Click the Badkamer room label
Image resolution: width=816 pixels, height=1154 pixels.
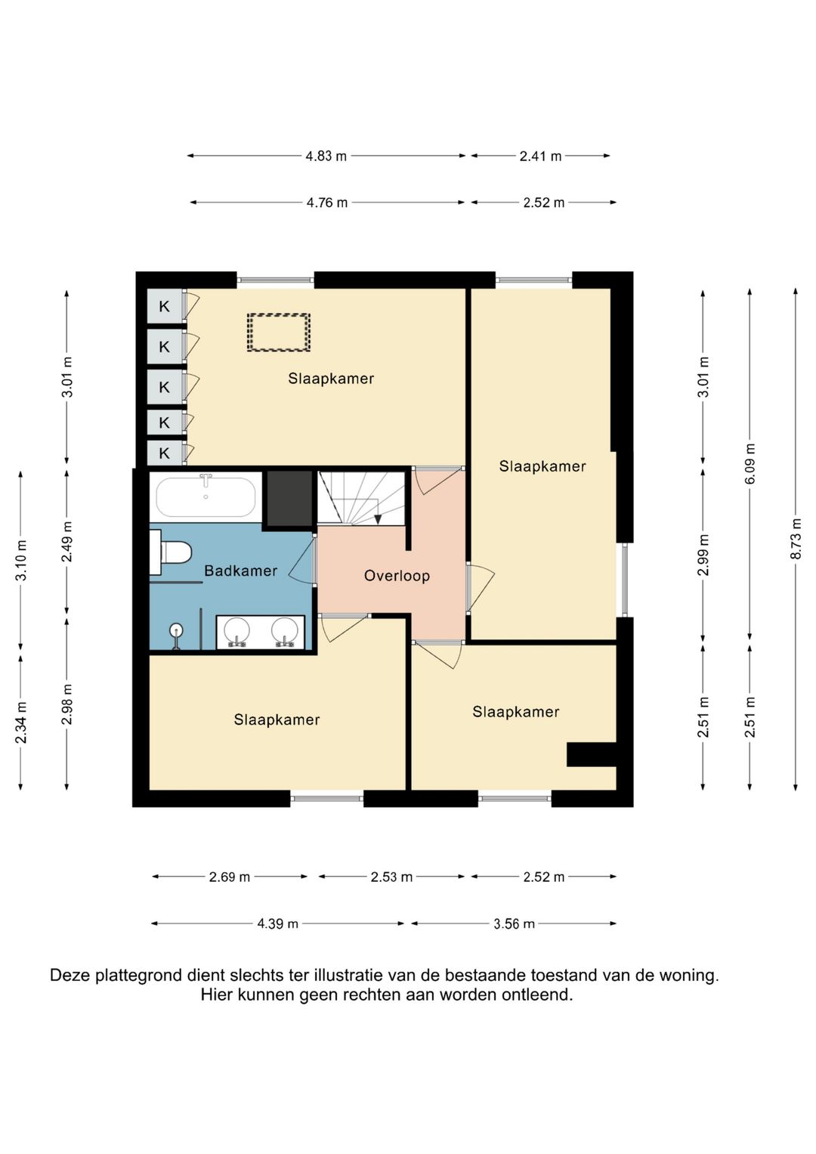pyautogui.click(x=240, y=571)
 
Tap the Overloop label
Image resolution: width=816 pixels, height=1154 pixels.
pyautogui.click(x=397, y=575)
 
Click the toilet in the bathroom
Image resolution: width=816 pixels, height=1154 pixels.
pyautogui.click(x=171, y=552)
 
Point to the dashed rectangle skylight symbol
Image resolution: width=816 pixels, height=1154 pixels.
pyautogui.click(x=278, y=333)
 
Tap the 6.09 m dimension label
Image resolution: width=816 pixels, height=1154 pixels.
pyautogui.click(x=750, y=463)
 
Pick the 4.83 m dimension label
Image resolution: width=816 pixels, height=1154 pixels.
pyautogui.click(x=326, y=156)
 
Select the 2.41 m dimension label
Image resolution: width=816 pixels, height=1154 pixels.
pyautogui.click(x=540, y=156)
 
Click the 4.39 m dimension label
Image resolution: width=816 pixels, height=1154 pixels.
pyautogui.click(x=278, y=924)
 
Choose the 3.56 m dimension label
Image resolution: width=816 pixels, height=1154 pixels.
pyautogui.click(x=514, y=924)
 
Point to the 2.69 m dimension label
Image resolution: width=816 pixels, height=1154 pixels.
pyautogui.click(x=229, y=877)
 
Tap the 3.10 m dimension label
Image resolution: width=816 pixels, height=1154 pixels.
pyautogui.click(x=20, y=560)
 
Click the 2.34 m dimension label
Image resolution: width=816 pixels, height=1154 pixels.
pyautogui.click(x=20, y=722)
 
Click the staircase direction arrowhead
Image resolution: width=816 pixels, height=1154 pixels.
pyautogui.click(x=378, y=520)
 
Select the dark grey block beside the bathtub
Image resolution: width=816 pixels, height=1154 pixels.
pyautogui.click(x=289, y=499)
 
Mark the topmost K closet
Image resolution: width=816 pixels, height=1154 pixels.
pyautogui.click(x=165, y=307)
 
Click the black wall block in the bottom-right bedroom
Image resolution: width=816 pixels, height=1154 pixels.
pyautogui.click(x=592, y=754)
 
